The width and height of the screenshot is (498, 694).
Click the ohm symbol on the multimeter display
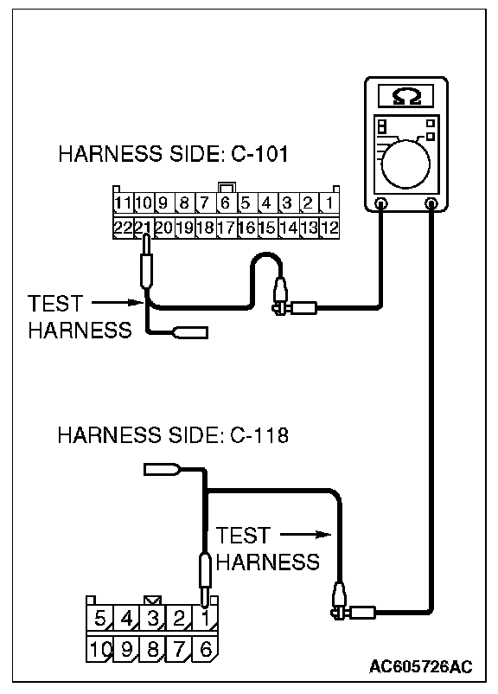tap(406, 96)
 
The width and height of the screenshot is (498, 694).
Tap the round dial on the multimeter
tap(405, 164)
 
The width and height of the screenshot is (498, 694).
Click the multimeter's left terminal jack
tap(380, 203)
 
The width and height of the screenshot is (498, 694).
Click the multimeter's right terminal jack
tap(431, 203)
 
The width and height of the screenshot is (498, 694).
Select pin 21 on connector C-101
tap(144, 228)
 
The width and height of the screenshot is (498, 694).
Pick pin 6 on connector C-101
tap(226, 202)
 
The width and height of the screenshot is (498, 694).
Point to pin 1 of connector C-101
tap(329, 202)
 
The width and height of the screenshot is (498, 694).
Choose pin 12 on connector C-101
tap(329, 228)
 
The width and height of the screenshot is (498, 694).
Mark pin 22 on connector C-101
tap(124, 228)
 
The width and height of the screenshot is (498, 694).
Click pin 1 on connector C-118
tap(205, 618)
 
